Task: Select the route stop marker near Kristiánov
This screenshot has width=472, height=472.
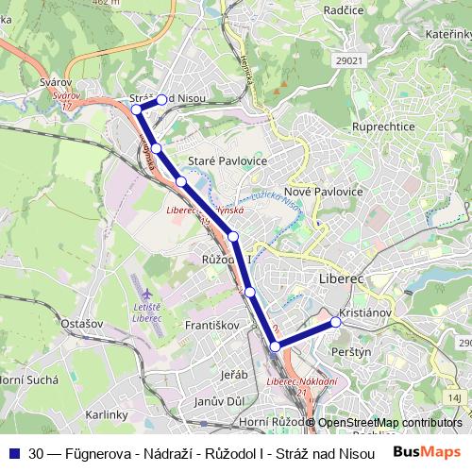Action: (x=335, y=323)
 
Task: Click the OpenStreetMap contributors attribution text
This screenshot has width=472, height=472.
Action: (x=390, y=423)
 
